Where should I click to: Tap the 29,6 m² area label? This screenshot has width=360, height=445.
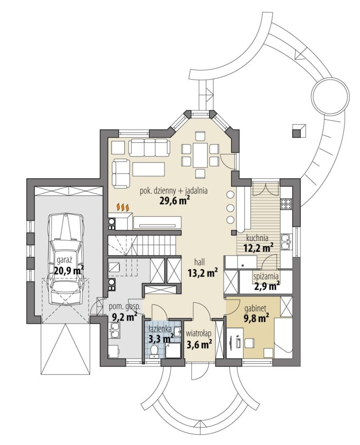[x=174, y=200]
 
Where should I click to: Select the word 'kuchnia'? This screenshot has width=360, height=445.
[x=258, y=237]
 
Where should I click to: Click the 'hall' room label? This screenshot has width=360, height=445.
[x=200, y=262]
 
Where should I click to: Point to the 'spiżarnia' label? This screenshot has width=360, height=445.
[x=266, y=275]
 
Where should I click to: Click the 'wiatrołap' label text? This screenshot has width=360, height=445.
[x=199, y=333]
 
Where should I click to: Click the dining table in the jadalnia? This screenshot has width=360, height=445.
[x=201, y=155]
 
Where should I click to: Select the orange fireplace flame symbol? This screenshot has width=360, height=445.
[x=123, y=207]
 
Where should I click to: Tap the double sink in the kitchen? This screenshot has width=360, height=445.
[x=286, y=242]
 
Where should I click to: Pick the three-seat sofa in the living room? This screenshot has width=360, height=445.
[x=149, y=147]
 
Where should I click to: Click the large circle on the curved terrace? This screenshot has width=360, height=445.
[x=330, y=96]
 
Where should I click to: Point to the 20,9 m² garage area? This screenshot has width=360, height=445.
[x=69, y=270]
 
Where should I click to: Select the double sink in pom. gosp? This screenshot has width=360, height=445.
[x=115, y=331]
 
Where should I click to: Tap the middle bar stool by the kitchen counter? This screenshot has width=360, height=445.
[x=230, y=208]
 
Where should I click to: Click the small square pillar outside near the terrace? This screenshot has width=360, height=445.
[x=299, y=131]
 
